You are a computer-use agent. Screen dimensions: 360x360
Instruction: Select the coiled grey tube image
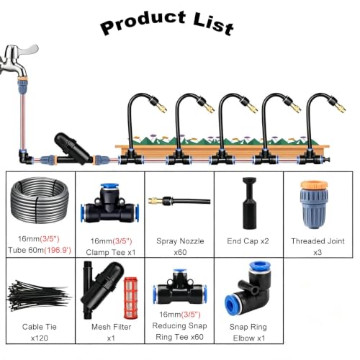point(40,201)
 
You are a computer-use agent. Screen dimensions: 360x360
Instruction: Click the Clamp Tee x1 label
point(111,252)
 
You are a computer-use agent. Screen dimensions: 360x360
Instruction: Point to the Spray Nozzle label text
point(180,241)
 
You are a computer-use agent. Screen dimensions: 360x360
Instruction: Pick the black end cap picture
point(250,203)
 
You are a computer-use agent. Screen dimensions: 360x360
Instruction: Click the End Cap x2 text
point(248,241)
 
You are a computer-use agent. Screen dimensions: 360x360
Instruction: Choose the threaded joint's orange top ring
point(314,185)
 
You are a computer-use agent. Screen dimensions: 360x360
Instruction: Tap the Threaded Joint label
point(318,241)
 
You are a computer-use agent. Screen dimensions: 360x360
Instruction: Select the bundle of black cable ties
point(39,296)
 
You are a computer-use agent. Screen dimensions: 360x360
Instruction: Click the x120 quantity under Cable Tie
point(40,338)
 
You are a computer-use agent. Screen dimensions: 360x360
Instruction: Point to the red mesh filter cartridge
point(131,297)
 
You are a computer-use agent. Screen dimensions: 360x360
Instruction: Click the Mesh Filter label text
point(112,327)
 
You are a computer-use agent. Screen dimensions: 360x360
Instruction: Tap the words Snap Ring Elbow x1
point(248,333)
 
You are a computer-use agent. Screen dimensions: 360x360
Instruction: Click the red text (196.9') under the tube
point(58,250)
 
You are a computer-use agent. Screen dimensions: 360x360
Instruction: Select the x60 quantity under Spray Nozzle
point(180,252)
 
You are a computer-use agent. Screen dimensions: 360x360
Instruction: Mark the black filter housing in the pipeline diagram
point(72,148)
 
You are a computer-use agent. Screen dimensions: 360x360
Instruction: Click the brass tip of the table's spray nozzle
point(155,201)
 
